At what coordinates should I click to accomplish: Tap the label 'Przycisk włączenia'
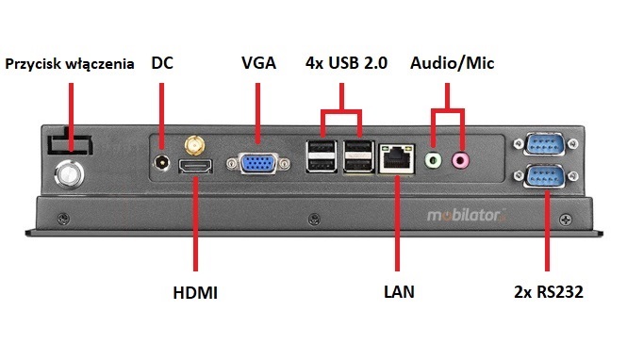click(73, 64)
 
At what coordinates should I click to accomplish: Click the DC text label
click(163, 63)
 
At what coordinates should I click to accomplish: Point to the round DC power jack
click(163, 163)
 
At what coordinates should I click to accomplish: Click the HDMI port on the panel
click(194, 168)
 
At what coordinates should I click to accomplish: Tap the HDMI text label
click(194, 293)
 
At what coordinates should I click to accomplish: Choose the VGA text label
click(258, 63)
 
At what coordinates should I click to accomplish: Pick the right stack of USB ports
click(359, 156)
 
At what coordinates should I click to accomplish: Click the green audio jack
click(433, 160)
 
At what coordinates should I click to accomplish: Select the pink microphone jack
click(461, 160)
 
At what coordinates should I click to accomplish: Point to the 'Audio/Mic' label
click(452, 63)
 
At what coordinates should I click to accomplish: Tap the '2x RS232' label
click(550, 293)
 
